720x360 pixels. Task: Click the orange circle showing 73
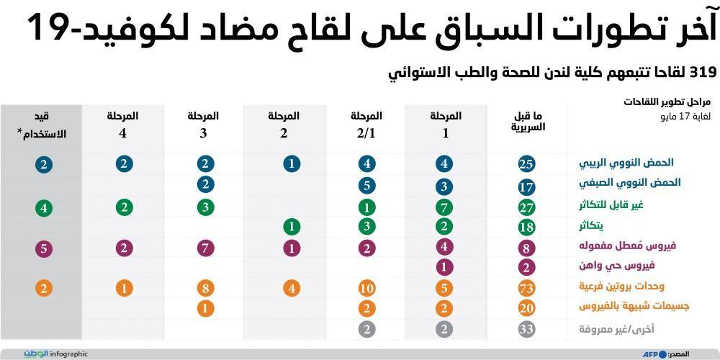click(x=526, y=289)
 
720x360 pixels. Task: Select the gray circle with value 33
click(x=526, y=330)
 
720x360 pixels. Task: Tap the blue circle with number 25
click(x=526, y=164)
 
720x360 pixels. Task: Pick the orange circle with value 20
click(x=526, y=309)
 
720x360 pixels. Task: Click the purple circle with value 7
click(x=206, y=248)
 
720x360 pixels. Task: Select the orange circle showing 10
click(x=366, y=289)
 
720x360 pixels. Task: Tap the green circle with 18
click(x=526, y=228)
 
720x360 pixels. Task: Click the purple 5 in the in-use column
click(x=44, y=248)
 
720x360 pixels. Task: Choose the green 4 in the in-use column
click(x=44, y=209)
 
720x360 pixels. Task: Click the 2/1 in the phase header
click(x=366, y=133)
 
